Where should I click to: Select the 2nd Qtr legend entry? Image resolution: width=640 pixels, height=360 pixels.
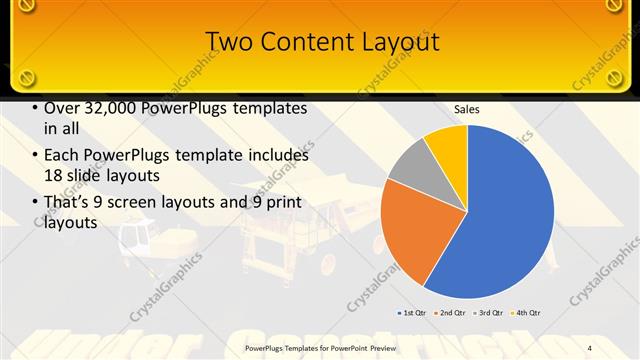tap(452, 313)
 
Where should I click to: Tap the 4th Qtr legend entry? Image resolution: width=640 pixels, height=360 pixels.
tap(527, 313)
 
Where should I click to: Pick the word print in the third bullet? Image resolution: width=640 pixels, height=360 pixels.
tap(284, 204)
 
